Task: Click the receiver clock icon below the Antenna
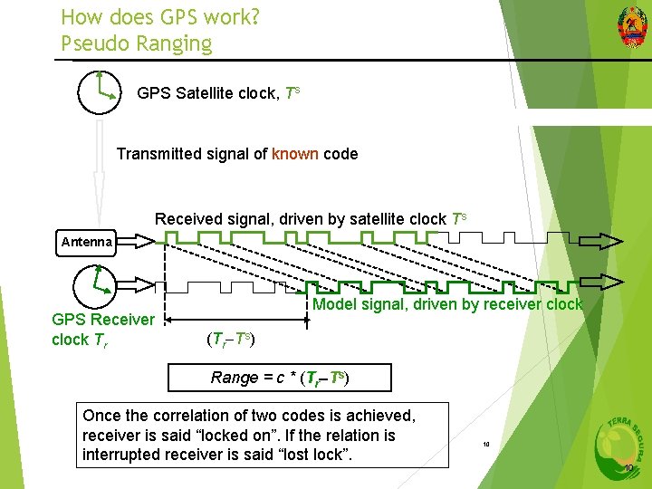point(95,283)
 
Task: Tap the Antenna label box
point(87,241)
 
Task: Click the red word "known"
point(294,154)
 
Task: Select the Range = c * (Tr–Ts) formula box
point(279,378)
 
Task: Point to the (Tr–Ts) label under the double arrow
point(230,340)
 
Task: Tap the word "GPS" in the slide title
point(177,16)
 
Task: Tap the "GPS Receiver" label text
point(103,320)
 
